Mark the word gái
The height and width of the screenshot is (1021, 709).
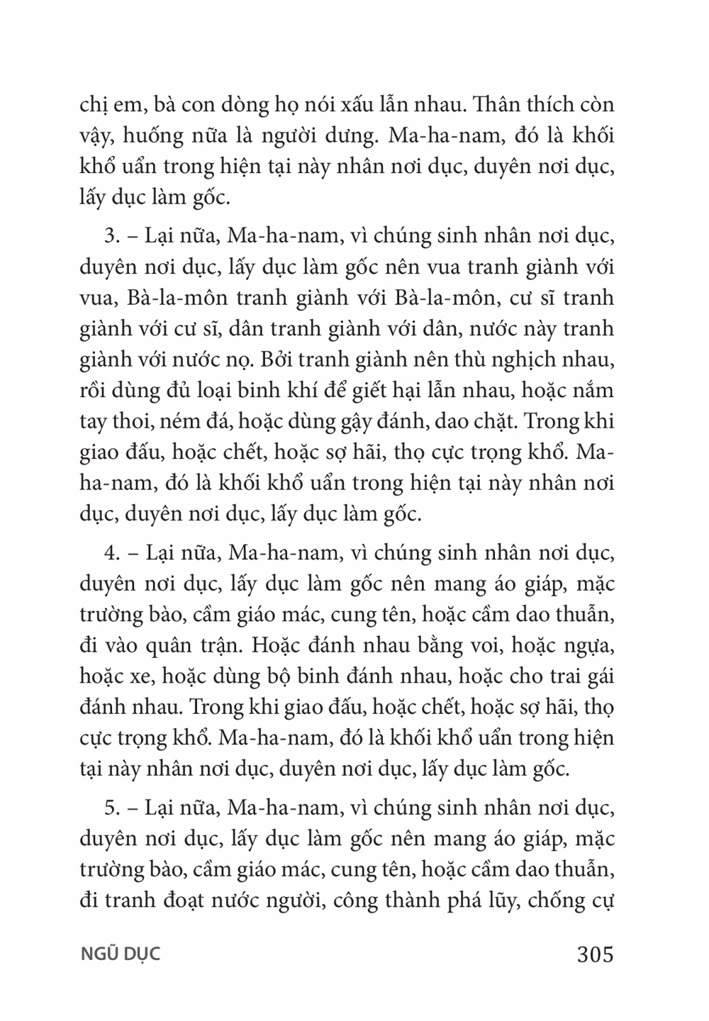pos(598,677)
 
